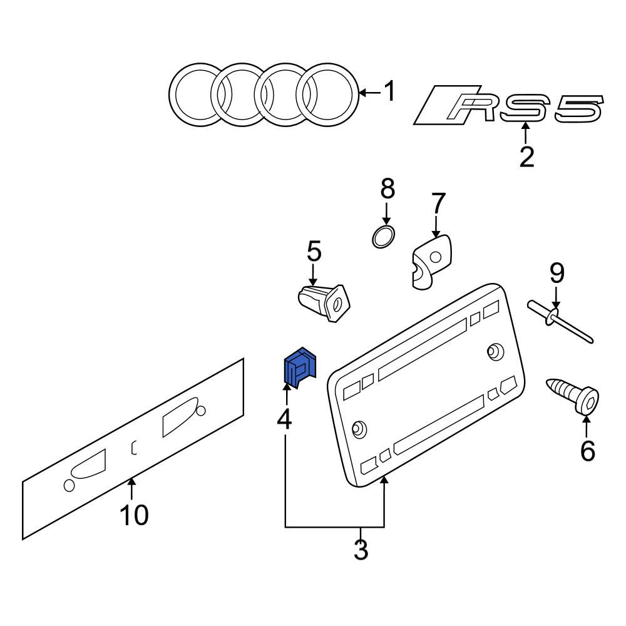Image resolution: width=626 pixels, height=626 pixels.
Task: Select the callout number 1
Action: [x=389, y=91]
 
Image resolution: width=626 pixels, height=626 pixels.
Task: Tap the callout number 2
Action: [x=526, y=157]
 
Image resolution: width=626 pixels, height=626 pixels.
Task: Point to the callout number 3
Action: [x=361, y=550]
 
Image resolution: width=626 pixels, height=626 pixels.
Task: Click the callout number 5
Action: [x=314, y=252]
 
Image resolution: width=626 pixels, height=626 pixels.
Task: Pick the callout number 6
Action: [x=587, y=451]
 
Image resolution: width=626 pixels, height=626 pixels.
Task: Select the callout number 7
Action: [x=438, y=203]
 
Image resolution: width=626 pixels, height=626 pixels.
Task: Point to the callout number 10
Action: [x=134, y=515]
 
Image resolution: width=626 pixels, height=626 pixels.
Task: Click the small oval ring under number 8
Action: [x=383, y=237]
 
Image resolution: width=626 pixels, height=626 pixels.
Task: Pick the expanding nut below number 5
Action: [x=324, y=302]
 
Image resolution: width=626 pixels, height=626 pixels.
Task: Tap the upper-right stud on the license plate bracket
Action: [x=495, y=351]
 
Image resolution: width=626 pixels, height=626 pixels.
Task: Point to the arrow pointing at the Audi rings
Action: [x=370, y=93]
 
